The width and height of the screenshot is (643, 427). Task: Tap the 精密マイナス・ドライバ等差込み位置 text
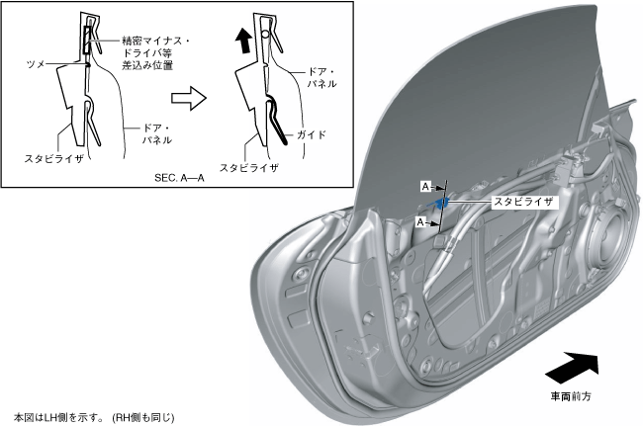click(x=158, y=53)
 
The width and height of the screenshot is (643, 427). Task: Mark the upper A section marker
click(x=425, y=185)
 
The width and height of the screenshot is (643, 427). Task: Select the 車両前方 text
click(x=573, y=397)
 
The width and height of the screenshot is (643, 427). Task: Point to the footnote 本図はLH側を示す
click(x=93, y=417)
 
